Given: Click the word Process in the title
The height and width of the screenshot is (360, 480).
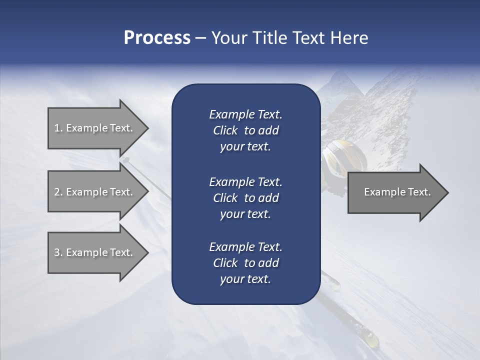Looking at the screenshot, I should (x=157, y=38).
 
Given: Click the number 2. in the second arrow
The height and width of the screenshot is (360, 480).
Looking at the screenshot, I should (x=58, y=192).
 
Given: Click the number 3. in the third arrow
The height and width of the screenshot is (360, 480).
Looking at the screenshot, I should (x=58, y=252).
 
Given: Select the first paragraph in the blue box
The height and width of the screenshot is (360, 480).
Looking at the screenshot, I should (x=245, y=130).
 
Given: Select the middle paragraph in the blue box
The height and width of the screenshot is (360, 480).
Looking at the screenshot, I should (x=245, y=197).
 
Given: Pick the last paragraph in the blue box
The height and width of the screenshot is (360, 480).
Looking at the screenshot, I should (x=245, y=263).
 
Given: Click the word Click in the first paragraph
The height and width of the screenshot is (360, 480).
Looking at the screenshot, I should (x=225, y=130).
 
